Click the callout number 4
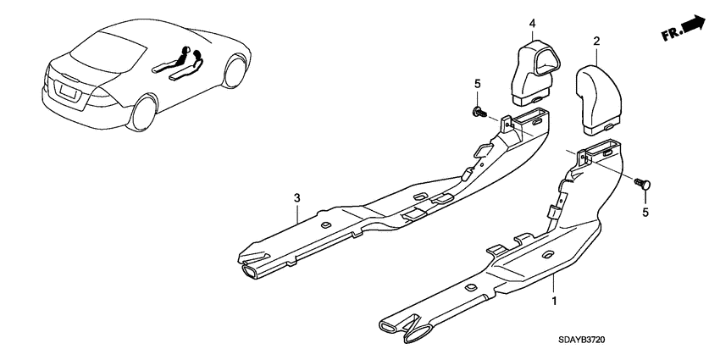coord(532,23)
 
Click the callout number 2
coord(596,41)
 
